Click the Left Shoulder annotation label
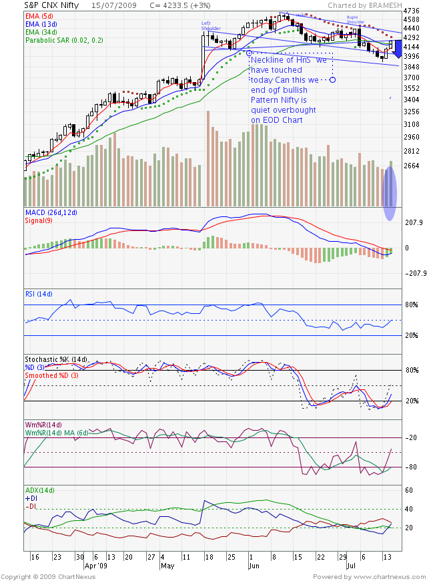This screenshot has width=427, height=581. click(x=211, y=26)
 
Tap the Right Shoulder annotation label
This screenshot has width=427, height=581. click(x=355, y=18)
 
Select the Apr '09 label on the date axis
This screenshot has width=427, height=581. click(x=95, y=564)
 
